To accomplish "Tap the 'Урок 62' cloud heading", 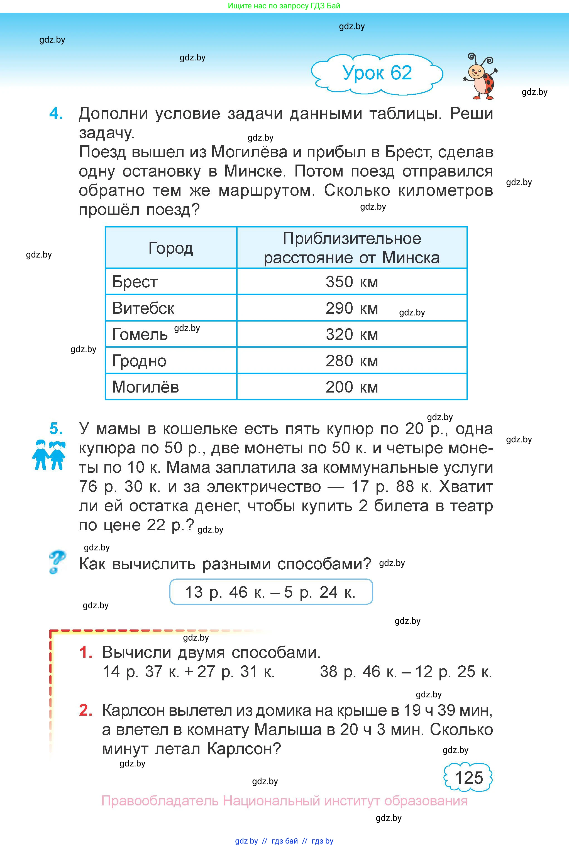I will coord(377,73).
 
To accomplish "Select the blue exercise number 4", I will coord(56,114).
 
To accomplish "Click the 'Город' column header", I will coord(170,248).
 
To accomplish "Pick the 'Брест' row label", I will coord(135,282).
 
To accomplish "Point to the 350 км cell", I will coord(352,282).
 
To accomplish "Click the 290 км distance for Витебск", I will coord(352,308).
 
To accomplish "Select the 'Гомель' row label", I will coord(140,334).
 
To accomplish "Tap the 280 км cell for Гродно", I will coord(352,361).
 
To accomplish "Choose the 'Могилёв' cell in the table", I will coord(145,387).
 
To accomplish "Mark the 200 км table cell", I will coord(352,387).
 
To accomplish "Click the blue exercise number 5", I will coord(56,429).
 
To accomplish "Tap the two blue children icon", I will coord(49,455).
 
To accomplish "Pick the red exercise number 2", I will coord(86,710).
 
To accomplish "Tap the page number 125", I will coord(468,778).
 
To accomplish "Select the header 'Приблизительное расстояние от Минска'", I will coord(352,248).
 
